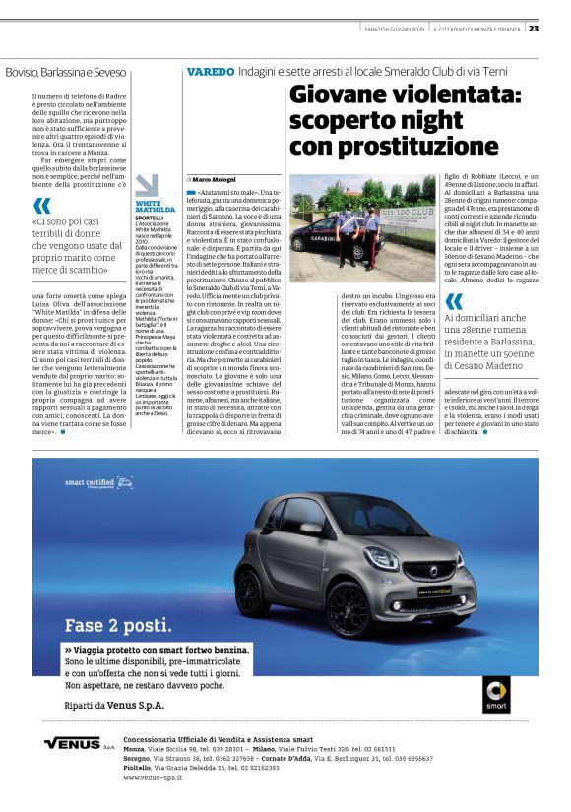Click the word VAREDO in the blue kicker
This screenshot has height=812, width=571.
[x=211, y=72]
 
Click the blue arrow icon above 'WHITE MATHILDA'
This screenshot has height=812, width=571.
[x=147, y=185]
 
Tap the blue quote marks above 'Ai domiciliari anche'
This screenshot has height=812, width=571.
[x=454, y=301]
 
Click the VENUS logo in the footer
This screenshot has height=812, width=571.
[x=74, y=743]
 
